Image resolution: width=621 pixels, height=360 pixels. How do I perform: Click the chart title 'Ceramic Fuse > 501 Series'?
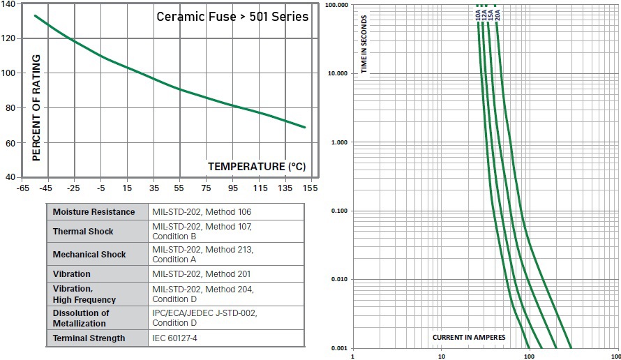tap(232, 16)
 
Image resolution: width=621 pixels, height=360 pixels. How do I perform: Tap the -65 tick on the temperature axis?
tap(23, 188)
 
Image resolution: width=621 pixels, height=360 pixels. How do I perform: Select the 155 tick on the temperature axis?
tap(309, 188)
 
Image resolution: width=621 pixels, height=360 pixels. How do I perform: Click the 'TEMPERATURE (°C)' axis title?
tap(257, 167)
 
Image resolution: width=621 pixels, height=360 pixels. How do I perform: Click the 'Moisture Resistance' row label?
tap(93, 211)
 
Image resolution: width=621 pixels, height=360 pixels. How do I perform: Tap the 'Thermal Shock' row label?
tap(83, 231)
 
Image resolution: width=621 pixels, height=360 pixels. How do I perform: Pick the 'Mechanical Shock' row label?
tap(89, 255)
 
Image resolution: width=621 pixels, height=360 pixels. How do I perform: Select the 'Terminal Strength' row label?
tap(89, 338)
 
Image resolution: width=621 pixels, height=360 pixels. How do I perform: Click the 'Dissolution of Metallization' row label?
tap(81, 317)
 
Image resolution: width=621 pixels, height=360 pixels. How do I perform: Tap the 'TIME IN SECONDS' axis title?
tap(364, 44)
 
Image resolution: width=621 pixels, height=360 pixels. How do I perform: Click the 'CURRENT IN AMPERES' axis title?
tap(469, 338)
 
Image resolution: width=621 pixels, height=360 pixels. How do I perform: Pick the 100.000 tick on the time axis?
tap(338, 5)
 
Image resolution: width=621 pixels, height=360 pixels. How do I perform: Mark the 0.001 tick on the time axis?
tap(341, 348)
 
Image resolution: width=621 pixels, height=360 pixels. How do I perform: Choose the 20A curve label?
tap(497, 13)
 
